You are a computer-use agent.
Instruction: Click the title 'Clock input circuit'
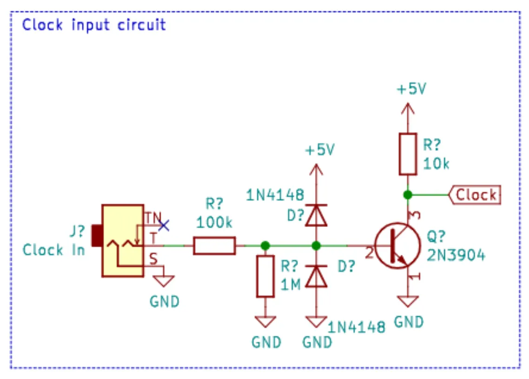(x=94, y=24)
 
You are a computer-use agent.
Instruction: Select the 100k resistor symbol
(x=214, y=246)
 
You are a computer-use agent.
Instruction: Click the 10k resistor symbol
(x=408, y=154)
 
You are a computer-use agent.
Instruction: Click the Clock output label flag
(x=474, y=195)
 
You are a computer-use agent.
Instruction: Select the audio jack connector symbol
(x=122, y=241)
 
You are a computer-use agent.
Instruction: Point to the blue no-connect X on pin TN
(x=163, y=226)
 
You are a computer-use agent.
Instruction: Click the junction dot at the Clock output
(x=408, y=195)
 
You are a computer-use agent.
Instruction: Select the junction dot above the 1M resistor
(x=265, y=246)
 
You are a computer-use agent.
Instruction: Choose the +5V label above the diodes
(x=320, y=150)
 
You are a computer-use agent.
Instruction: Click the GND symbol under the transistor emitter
(x=408, y=302)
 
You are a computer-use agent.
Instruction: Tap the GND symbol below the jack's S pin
(x=164, y=281)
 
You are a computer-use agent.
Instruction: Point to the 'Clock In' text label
(x=54, y=250)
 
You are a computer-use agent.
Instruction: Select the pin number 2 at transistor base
(x=369, y=253)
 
